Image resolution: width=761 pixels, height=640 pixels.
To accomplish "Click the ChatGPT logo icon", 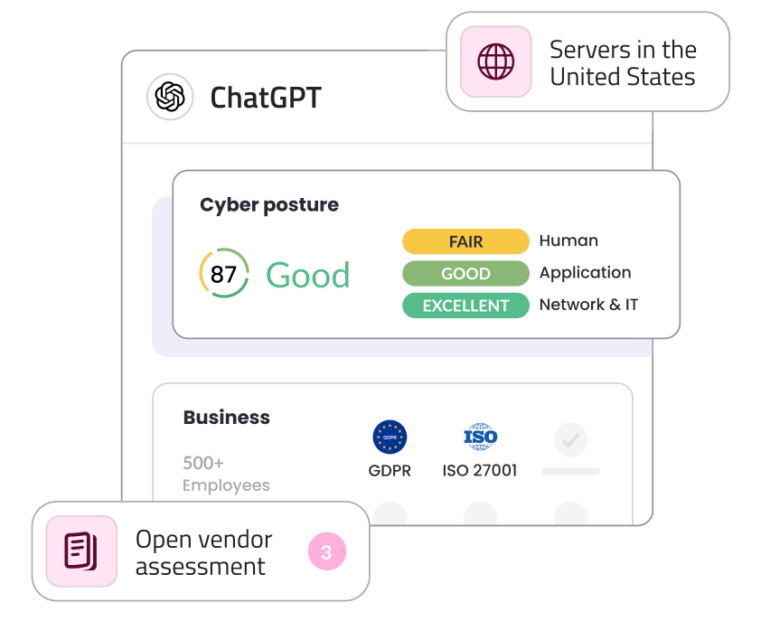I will click(x=170, y=97).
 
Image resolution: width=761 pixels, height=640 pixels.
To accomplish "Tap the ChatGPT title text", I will click(x=265, y=98).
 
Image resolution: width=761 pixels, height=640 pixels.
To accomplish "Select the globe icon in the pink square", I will click(x=495, y=62).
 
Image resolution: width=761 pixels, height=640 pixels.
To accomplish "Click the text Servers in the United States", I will click(x=623, y=62).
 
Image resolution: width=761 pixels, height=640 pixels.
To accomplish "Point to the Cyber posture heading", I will click(x=269, y=205).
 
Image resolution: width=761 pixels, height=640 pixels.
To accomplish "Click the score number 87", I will click(x=223, y=274).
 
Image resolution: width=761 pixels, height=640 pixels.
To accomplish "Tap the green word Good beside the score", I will click(x=307, y=276).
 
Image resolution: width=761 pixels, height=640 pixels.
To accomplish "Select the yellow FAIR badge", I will click(x=465, y=241).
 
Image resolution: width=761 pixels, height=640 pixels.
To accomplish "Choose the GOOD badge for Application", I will click(x=465, y=273).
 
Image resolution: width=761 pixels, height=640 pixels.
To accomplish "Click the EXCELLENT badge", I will click(x=465, y=306).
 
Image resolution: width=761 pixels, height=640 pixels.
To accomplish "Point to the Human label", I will click(x=568, y=240).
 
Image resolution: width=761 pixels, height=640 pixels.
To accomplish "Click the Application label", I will click(x=585, y=272).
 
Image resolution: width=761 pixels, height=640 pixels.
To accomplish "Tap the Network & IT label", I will click(x=588, y=305).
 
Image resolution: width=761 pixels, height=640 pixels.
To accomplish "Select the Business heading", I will click(x=226, y=418).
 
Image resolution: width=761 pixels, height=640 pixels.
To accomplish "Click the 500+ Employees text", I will click(x=226, y=474).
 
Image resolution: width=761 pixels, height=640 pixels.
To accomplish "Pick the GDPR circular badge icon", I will click(x=390, y=438).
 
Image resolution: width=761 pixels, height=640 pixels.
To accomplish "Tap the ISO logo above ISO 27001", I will click(x=480, y=438).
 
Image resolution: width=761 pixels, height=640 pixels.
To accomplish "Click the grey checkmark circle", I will click(x=570, y=440).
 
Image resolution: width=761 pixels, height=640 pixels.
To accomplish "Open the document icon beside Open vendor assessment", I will click(x=80, y=551).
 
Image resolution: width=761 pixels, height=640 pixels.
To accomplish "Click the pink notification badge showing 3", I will click(x=326, y=551).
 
